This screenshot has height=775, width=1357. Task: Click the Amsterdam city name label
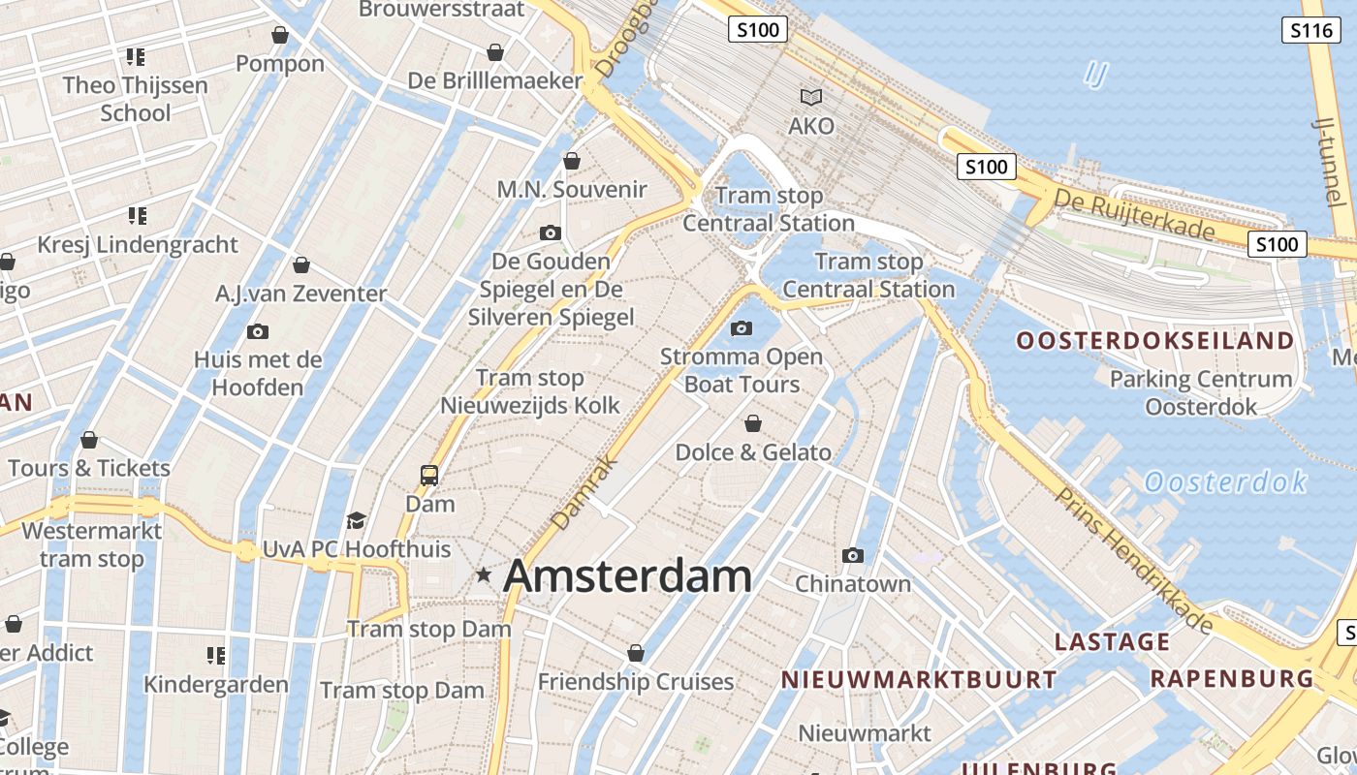627,575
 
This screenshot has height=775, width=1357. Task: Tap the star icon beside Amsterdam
484,575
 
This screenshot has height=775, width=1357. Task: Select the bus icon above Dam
429,475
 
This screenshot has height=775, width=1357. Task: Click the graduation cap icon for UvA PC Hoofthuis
356,521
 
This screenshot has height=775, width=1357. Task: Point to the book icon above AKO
810,97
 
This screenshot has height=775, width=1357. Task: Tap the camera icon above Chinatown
853,555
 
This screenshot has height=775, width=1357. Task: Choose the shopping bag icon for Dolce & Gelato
752,423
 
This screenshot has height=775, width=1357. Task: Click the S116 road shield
1311,30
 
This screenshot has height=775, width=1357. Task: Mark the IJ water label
1095,74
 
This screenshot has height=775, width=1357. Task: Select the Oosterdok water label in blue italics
1225,481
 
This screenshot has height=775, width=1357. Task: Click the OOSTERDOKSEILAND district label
1154,341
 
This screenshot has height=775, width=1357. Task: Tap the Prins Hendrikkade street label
1134,560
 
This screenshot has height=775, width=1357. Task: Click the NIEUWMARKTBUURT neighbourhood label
919,680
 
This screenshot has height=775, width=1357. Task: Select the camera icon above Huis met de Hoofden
258,331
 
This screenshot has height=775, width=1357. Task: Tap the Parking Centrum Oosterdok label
1201,392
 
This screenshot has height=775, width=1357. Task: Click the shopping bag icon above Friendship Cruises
636,653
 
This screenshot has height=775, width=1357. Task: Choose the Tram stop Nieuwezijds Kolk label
530,391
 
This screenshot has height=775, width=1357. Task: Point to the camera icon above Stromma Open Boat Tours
742,328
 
